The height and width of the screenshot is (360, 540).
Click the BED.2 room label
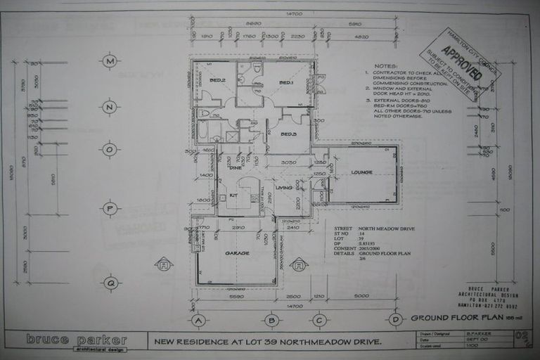pyautogui.click(x=217, y=80)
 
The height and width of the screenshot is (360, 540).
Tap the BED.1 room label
pyautogui.click(x=286, y=83)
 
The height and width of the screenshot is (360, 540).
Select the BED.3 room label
pyautogui.click(x=288, y=134)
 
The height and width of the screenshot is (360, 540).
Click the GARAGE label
pyautogui.click(x=237, y=252)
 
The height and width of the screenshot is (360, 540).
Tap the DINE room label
pyautogui.click(x=236, y=167)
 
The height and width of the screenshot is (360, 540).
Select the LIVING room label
pyautogui.click(x=283, y=187)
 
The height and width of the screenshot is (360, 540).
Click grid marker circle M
pyautogui.click(x=109, y=61)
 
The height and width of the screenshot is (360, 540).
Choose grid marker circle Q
pyautogui.click(x=109, y=283)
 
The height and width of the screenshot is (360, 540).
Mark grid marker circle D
pyautogui.click(x=397, y=321)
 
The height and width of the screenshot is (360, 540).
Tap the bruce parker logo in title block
pyautogui.click(x=77, y=340)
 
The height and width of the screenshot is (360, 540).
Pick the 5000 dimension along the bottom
pyautogui.click(x=361, y=296)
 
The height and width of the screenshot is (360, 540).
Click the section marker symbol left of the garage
pyautogui.click(x=164, y=264)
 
